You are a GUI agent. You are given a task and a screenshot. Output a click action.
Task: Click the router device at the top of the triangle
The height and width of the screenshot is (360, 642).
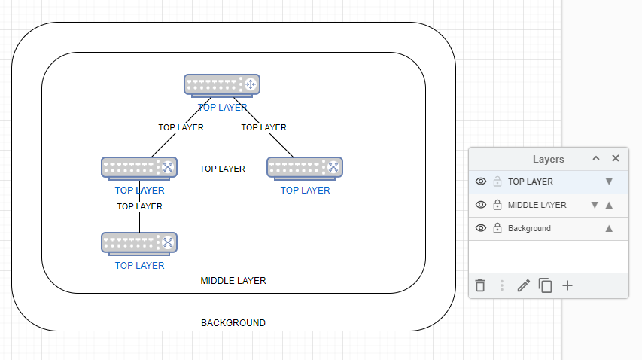pos(222,84)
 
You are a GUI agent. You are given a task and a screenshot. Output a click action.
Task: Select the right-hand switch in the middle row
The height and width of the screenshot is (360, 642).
pos(305,167)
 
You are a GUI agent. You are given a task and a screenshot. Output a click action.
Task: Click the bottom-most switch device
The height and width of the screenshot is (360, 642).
pos(139,243)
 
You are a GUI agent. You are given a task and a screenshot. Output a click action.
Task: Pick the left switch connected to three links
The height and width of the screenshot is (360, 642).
pos(139,167)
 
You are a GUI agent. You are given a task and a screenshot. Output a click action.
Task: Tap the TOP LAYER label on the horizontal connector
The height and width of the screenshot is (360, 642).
pos(222,169)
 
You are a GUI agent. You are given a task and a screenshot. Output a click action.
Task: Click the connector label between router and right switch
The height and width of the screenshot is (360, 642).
pos(263,127)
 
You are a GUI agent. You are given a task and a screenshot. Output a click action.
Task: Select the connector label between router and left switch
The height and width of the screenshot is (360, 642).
pos(181,127)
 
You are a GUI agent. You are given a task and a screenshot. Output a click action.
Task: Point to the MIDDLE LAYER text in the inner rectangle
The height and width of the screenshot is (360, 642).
pos(233,281)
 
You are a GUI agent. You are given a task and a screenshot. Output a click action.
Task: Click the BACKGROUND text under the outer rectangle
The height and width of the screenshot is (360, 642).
pos(233,323)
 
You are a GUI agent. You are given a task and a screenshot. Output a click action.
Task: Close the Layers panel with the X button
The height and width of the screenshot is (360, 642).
pos(616,159)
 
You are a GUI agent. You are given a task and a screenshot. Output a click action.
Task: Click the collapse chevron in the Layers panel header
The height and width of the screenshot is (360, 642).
pos(596,159)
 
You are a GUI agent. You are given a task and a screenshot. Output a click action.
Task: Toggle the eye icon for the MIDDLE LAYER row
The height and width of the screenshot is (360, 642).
pos(482,205)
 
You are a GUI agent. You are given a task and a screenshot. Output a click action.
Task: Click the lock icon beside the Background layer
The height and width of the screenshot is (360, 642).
pos(497,228)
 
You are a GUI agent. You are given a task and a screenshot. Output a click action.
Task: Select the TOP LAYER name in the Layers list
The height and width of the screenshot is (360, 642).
pos(531,182)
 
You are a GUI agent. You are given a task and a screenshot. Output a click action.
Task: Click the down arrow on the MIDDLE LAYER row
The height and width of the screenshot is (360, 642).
pos(595,205)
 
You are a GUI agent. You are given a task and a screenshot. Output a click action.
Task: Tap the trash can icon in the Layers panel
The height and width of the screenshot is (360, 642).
pos(480,286)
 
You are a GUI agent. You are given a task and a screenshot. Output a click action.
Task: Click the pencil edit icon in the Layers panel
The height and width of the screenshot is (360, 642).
pos(524,286)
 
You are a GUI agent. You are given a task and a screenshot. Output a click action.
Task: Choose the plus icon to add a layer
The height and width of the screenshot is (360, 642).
pos(567,286)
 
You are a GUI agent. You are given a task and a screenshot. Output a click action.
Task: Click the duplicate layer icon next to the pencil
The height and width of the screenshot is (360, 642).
pos(546,286)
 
